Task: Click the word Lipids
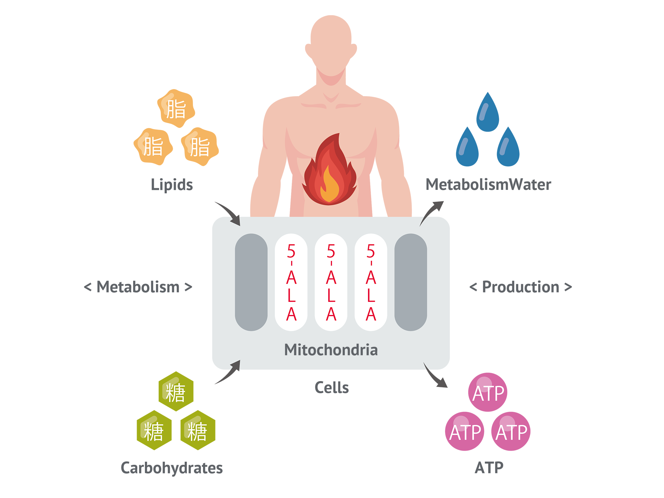click(x=172, y=185)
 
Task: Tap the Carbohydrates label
click(x=172, y=468)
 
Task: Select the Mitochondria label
click(x=331, y=350)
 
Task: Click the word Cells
click(x=332, y=388)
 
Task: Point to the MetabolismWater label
click(x=488, y=185)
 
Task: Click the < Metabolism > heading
click(x=138, y=287)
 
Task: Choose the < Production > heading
click(x=520, y=287)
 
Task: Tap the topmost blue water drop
click(x=488, y=112)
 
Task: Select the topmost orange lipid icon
click(x=176, y=109)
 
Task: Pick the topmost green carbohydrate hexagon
click(x=176, y=391)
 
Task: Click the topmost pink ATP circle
click(x=488, y=392)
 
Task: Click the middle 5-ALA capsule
click(x=331, y=282)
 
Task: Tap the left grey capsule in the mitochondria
click(x=251, y=282)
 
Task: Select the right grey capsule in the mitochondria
click(x=411, y=282)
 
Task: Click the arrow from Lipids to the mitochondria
click(x=230, y=212)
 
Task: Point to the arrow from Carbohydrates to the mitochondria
click(x=230, y=372)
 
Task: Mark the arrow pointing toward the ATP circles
click(x=434, y=376)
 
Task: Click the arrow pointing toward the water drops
click(x=430, y=212)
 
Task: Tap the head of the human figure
click(x=331, y=45)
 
